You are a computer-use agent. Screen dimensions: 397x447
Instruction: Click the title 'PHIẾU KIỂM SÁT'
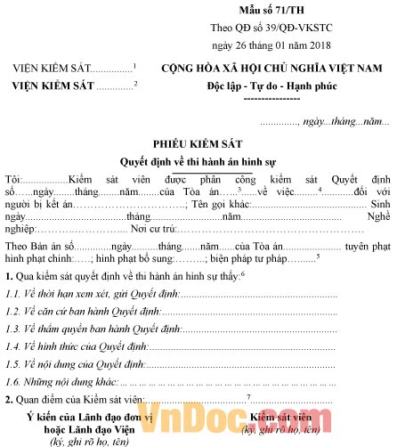coord(197,143)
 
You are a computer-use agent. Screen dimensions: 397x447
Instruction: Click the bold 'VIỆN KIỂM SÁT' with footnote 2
coord(53,85)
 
